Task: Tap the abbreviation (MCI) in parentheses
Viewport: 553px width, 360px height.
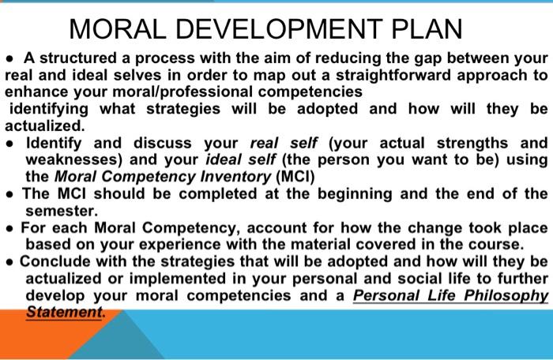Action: tap(293, 177)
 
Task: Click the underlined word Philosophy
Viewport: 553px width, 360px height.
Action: tap(504, 295)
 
